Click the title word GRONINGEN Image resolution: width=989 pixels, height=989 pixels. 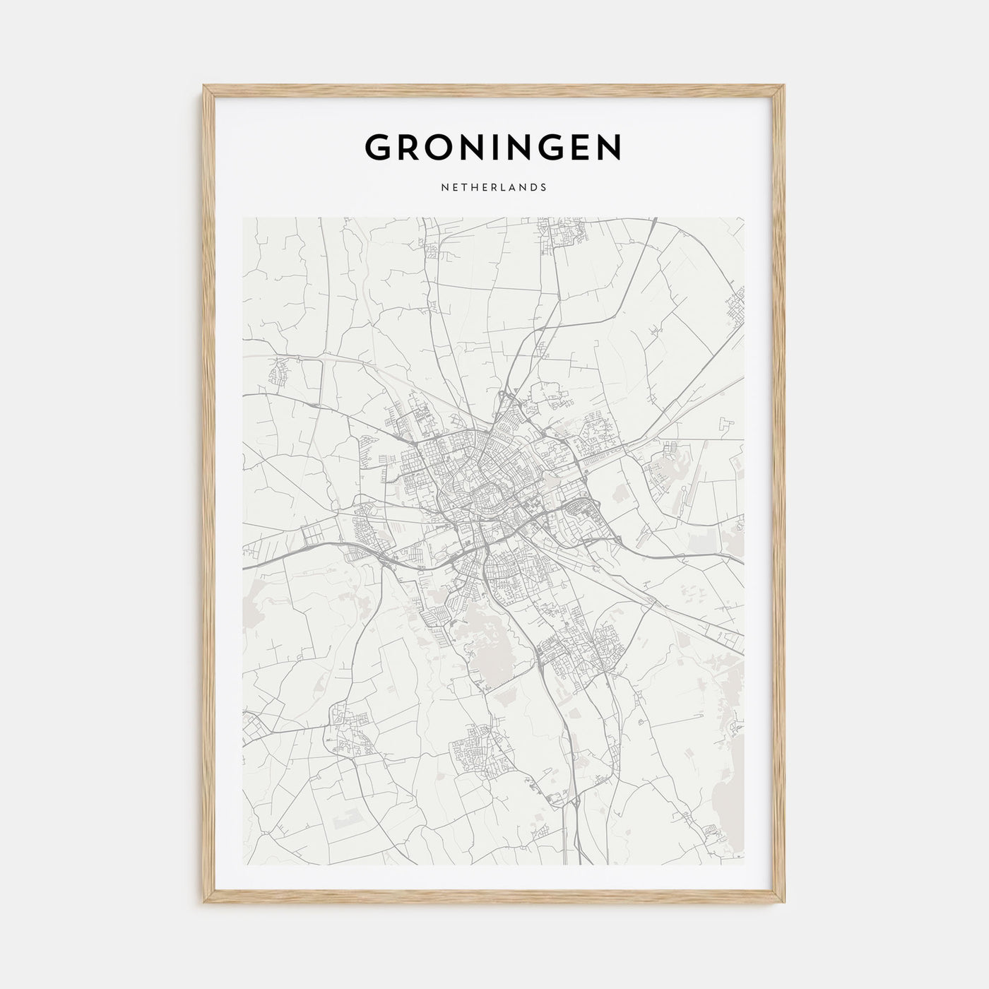click(x=493, y=147)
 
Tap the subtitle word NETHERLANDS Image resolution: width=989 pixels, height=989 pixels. click(x=493, y=188)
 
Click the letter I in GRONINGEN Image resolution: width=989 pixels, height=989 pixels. click(x=497, y=147)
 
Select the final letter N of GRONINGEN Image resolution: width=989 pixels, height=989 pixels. click(x=609, y=147)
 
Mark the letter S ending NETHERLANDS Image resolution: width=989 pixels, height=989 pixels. click(x=544, y=188)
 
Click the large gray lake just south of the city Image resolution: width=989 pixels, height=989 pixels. click(x=487, y=646)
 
